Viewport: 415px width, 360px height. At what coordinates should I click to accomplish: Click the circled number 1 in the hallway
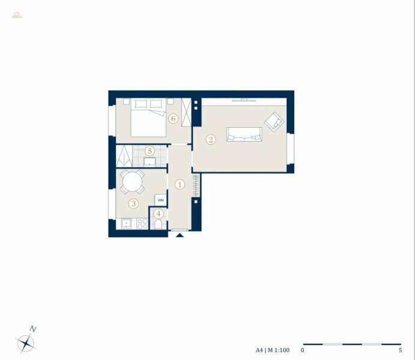coord(180,185)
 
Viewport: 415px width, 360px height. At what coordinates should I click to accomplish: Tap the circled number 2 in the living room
coord(210,140)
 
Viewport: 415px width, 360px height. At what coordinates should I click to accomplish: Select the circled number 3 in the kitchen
coord(134,204)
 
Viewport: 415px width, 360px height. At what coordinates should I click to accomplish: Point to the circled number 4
coord(159,213)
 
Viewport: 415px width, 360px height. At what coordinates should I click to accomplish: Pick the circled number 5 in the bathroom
coord(150,151)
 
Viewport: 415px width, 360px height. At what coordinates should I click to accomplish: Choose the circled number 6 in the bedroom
coord(173,119)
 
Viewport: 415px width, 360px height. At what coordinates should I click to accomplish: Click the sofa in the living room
coord(244,134)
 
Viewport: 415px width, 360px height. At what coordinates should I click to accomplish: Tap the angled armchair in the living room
coord(274,121)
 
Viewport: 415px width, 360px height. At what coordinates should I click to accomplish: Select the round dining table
coord(132,181)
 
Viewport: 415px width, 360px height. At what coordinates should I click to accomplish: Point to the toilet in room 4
coord(159,224)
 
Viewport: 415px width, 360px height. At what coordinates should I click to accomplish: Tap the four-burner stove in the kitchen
coord(142,224)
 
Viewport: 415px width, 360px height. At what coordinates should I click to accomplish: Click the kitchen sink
coord(126,224)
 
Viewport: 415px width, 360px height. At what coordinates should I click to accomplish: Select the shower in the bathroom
coord(125,156)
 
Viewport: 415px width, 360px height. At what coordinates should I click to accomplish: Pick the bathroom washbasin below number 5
coord(150,161)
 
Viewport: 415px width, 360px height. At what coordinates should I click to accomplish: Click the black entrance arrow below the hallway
coord(180,235)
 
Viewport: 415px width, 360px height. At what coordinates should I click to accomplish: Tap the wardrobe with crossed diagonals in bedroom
coord(186,112)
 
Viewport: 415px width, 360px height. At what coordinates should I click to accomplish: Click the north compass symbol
coord(26,343)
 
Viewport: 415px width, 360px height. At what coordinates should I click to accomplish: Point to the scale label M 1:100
coord(277,350)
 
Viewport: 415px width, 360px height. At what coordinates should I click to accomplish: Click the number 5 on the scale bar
coord(400,350)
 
